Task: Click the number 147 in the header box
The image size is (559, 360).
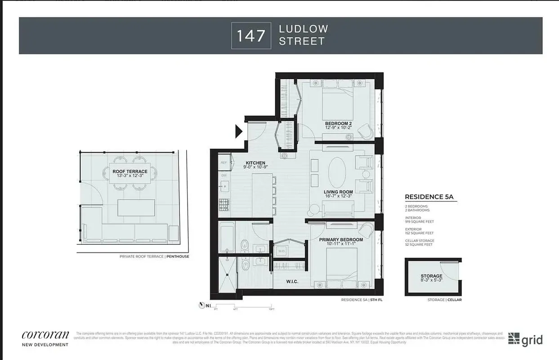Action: click(251, 35)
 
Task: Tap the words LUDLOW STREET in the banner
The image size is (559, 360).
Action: click(302, 35)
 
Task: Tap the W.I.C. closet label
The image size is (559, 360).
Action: click(292, 282)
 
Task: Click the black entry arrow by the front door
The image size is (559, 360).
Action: click(238, 131)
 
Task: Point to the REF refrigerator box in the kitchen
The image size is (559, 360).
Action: click(224, 163)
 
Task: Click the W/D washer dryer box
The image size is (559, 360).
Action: click(282, 251)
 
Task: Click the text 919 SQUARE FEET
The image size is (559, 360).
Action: click(420, 221)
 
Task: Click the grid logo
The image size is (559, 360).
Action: click(525, 339)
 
